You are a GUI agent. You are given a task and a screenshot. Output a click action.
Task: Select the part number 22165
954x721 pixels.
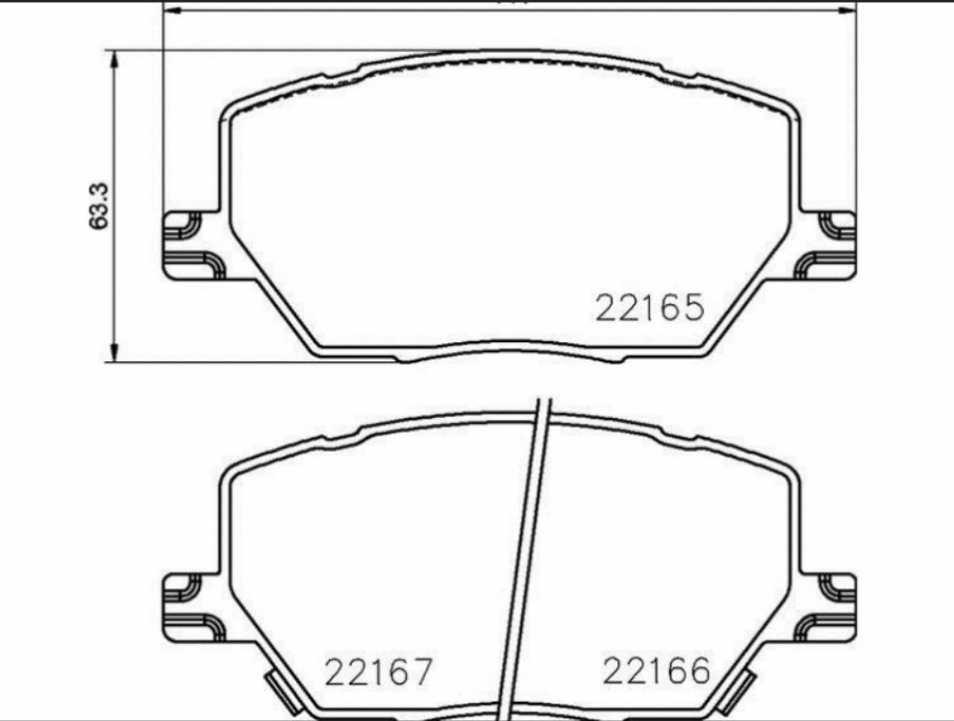[x=650, y=309]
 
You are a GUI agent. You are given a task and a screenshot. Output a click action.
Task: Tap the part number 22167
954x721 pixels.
[x=379, y=671]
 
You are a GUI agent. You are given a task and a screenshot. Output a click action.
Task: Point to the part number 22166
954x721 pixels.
[x=656, y=670]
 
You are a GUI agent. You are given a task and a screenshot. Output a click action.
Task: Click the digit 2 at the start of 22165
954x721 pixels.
[x=607, y=309]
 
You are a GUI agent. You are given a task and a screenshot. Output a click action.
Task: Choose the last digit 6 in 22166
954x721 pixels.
[x=698, y=670]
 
